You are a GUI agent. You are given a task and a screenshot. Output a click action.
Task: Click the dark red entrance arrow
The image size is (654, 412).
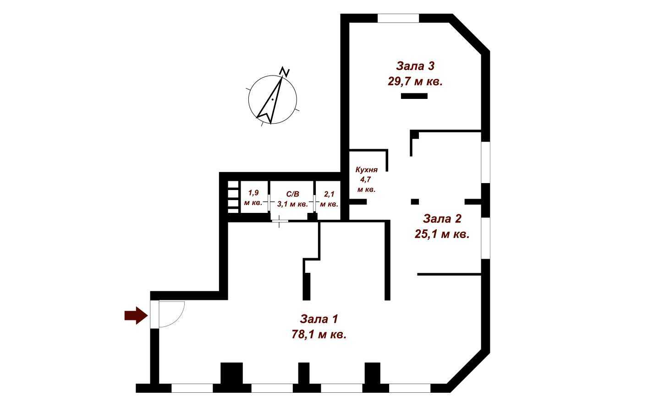click(x=136, y=315)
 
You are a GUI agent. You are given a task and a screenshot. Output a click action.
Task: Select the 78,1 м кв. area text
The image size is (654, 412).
click(x=319, y=334)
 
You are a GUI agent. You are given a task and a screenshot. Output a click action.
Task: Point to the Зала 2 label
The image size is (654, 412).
click(x=442, y=219)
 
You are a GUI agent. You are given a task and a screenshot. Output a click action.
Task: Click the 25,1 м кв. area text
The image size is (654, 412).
click(x=442, y=234)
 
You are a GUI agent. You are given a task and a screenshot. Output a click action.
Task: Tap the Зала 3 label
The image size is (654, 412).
click(x=415, y=66)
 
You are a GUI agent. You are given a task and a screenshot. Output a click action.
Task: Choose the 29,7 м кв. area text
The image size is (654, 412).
click(x=415, y=82)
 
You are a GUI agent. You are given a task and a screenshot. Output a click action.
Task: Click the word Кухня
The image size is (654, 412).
click(x=367, y=169)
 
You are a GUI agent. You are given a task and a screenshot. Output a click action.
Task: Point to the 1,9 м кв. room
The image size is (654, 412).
click(x=253, y=198)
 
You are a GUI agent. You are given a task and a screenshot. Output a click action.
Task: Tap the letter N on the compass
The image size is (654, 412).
click(x=285, y=72)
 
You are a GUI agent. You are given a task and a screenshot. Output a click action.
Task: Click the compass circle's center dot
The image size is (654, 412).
click(x=272, y=99)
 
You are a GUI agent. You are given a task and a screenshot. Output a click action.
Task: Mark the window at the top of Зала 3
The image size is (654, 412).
click(x=398, y=18)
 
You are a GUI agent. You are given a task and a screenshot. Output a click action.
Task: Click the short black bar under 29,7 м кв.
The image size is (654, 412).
click(x=414, y=96)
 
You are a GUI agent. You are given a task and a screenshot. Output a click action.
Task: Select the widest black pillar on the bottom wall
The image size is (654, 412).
click(x=231, y=374)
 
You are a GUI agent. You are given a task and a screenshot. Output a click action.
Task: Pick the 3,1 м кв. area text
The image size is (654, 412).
click(x=292, y=204)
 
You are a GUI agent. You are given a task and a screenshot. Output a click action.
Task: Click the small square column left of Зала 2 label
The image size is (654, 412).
click(x=415, y=201)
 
